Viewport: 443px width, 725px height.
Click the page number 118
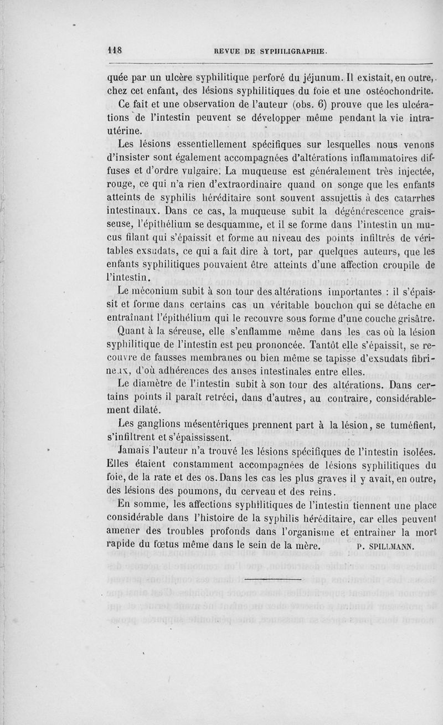tap(114, 49)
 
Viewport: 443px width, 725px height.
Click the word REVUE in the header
tap(227, 52)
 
